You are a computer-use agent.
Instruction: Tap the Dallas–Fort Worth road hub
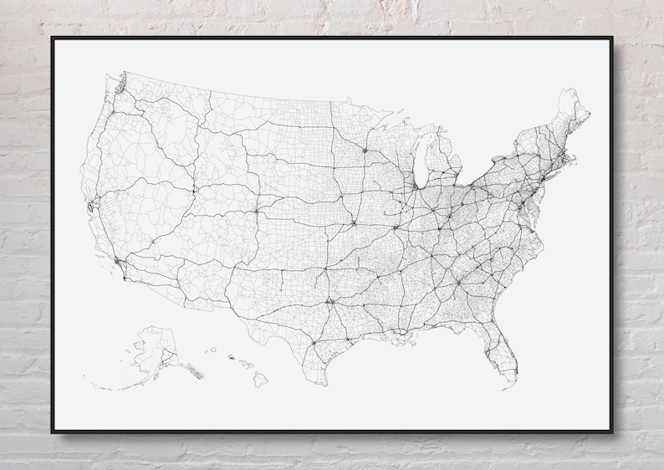point(330,301)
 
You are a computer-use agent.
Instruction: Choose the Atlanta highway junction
point(458,281)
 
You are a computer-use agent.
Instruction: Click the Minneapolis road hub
point(364,151)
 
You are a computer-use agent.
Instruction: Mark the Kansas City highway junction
point(355,222)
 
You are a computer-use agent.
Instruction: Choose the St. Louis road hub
point(396,226)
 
